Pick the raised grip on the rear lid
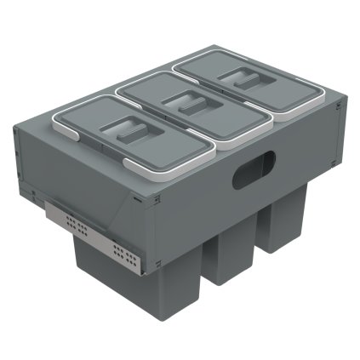242,78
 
